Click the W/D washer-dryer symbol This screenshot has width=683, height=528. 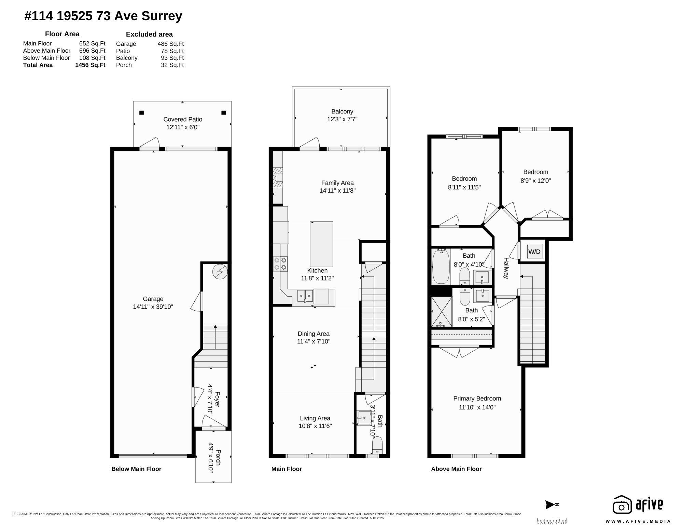coord(534,252)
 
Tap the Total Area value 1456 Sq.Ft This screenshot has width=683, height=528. coord(90,65)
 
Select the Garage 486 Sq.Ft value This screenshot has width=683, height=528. coord(170,44)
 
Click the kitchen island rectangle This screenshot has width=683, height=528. coord(321,244)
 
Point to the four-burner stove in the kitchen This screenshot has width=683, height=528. coord(280,263)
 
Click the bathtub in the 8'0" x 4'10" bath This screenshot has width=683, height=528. coord(441,267)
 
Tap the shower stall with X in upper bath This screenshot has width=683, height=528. coord(441,312)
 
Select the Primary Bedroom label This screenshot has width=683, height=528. coord(477,398)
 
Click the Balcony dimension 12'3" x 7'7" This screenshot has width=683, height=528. coord(342,119)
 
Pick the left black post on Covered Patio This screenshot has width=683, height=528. coord(142,113)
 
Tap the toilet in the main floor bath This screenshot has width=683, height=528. coord(377,445)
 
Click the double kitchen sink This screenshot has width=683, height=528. coord(305,295)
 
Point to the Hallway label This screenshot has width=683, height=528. coord(506,268)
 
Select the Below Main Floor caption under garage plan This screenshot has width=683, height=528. coord(136,469)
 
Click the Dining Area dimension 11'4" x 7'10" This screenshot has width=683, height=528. coord(313,341)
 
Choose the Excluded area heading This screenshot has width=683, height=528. coord(149,34)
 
